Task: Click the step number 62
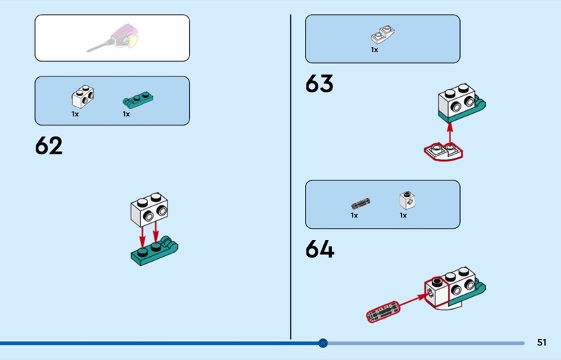coord(48,145)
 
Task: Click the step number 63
coord(319,84)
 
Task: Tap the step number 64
coord(320,249)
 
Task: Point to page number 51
coord(541,342)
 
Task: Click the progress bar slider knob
coord(323,343)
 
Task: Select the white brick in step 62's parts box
coord(83,97)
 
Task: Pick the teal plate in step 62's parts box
coord(137,100)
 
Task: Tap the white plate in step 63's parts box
coord(382,35)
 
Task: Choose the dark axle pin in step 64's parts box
coord(360,204)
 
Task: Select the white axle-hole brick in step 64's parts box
coord(407,200)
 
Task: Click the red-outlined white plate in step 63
coord(443,152)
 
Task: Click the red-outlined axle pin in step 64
coord(382,312)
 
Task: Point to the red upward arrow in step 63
coord(450,135)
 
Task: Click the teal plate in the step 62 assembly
coord(154,251)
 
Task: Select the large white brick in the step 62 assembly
coord(149,210)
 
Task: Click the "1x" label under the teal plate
coord(126,114)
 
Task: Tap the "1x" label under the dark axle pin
coord(354,215)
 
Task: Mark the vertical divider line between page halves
coord(290,177)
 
